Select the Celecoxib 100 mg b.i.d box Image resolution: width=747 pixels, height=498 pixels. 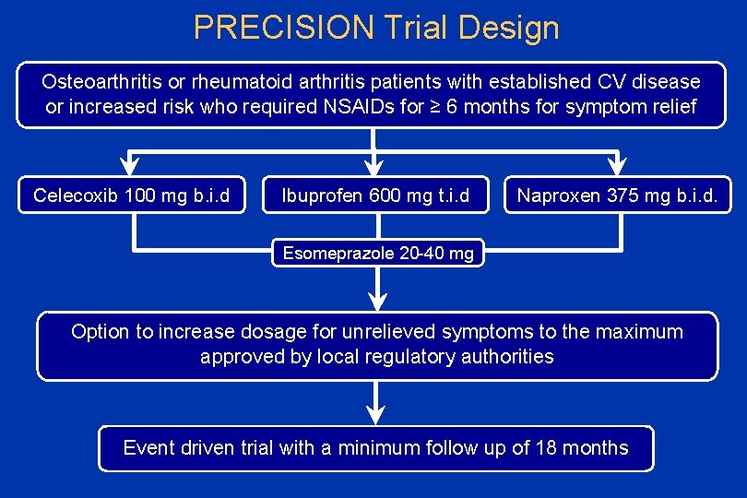(131, 195)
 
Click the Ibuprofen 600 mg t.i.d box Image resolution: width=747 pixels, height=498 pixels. (374, 195)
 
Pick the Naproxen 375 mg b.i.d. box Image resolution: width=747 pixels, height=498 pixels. (617, 195)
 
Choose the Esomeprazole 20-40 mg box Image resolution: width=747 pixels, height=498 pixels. (377, 253)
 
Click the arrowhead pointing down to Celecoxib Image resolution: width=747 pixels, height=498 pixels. (131, 165)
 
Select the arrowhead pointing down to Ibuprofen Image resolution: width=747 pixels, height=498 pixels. (374, 165)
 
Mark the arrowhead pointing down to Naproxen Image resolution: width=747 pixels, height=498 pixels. (617, 165)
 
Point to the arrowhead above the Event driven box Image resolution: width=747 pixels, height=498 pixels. (376, 413)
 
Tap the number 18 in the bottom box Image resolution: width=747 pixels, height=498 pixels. (548, 448)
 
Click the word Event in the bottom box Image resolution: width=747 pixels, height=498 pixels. (148, 448)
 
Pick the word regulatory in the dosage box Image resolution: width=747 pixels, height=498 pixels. (409, 356)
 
